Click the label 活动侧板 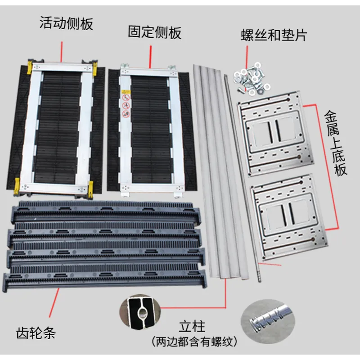pos(66,23)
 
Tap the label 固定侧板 pos(154,32)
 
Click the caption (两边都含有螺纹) pos(194,342)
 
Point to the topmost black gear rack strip pos(106,211)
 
